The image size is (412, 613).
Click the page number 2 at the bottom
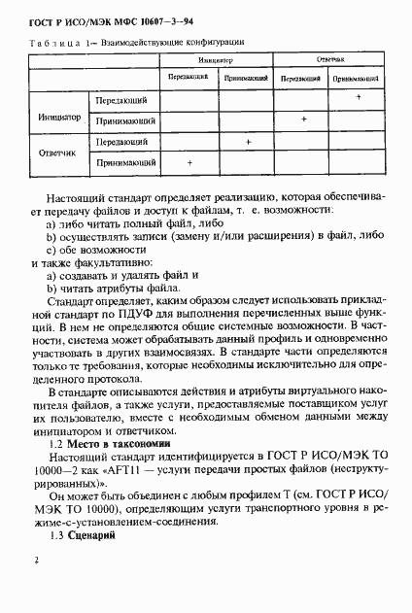35,561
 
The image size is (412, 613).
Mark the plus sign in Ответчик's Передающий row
249,142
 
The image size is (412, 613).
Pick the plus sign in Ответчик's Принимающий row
189,161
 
